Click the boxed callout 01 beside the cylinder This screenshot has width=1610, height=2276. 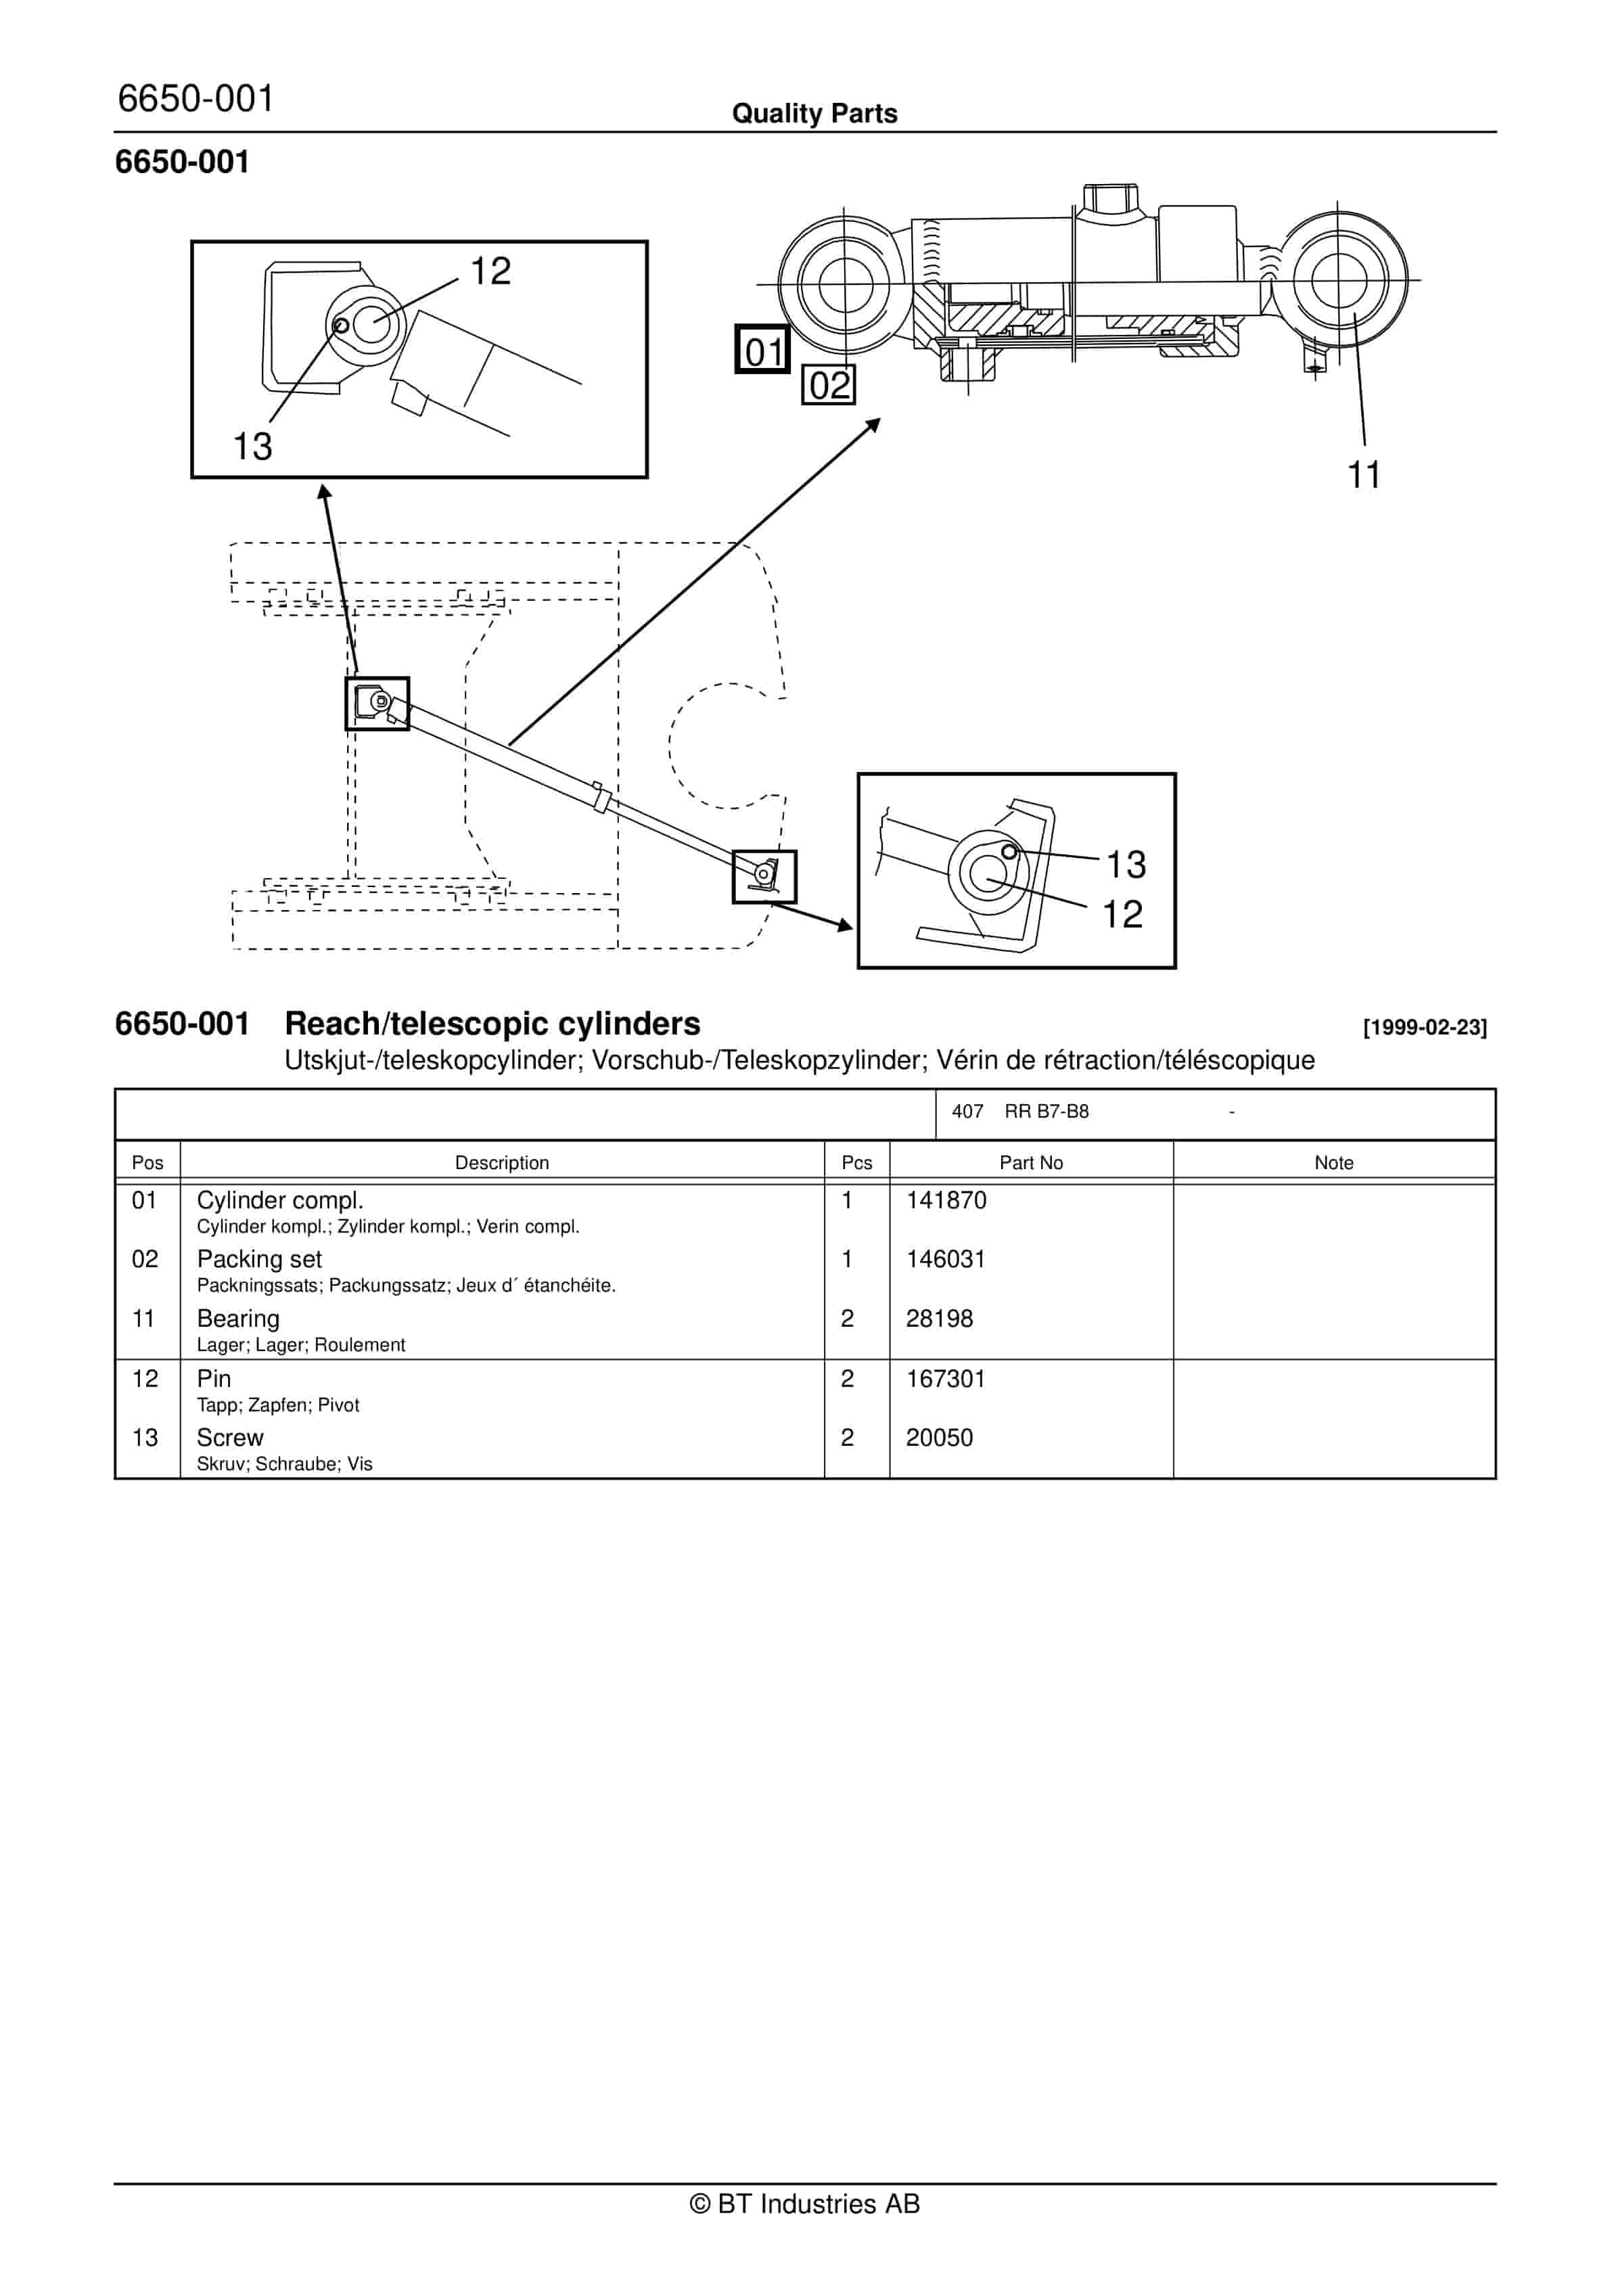(x=762, y=350)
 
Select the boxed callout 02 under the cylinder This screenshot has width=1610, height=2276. (x=828, y=384)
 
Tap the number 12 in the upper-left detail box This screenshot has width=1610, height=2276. (x=490, y=271)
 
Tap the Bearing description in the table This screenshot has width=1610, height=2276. (x=238, y=1319)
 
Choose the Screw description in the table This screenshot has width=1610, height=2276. (x=230, y=1437)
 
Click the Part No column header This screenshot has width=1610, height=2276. (x=1030, y=1163)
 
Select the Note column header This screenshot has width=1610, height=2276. (x=1333, y=1163)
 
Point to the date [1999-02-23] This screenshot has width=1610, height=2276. (x=1425, y=1028)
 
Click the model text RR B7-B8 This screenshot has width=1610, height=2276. (x=1046, y=1111)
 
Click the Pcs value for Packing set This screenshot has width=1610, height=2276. (x=847, y=1259)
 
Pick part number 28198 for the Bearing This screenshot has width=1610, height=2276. (x=939, y=1319)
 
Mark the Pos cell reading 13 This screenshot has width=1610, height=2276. (x=145, y=1437)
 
